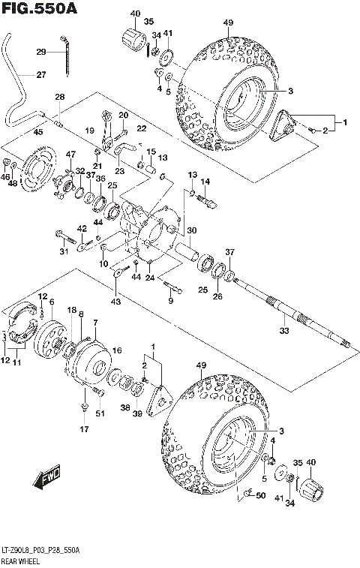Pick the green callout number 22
141,129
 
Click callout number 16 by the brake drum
117,350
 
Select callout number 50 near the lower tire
260,496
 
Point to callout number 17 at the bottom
84,429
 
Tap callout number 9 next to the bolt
170,301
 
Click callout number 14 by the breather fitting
205,181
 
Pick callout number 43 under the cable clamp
114,302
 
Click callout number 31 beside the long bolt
64,251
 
